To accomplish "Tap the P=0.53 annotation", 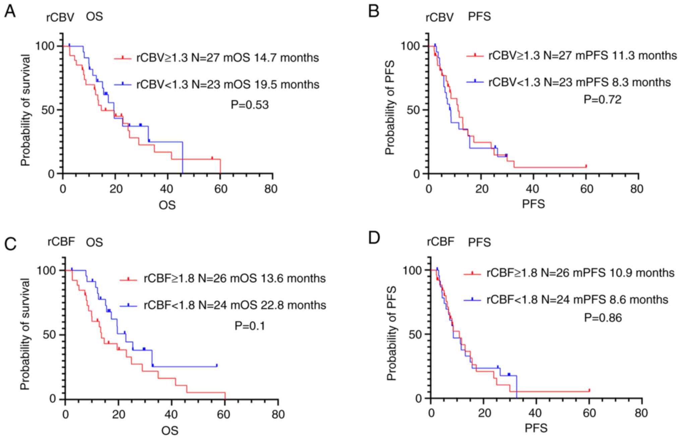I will [x=250, y=105].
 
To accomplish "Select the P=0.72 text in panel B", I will [x=603, y=100].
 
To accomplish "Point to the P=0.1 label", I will [x=250, y=326].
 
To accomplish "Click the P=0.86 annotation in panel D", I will [x=603, y=318].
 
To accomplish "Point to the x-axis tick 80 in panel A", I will [x=271, y=189].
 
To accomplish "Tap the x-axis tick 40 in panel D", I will [x=536, y=413].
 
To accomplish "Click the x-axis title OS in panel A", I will [x=167, y=205].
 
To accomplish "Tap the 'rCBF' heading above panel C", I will [x=61, y=242].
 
